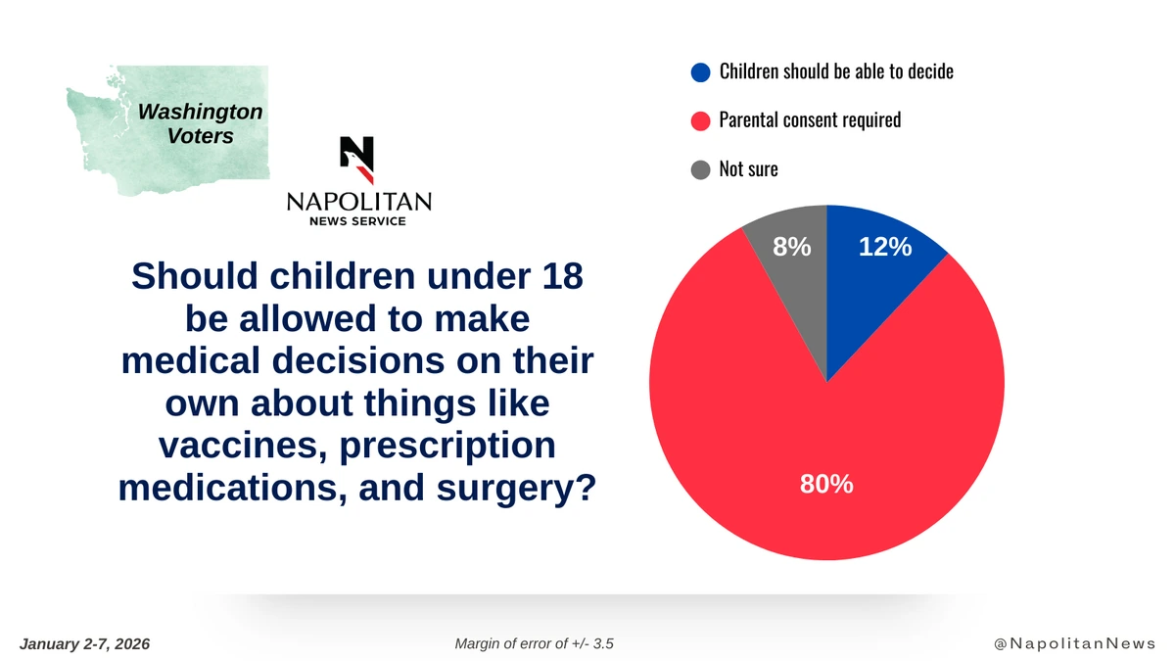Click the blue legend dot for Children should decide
700,71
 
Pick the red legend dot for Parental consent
700,120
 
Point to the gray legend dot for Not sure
700,169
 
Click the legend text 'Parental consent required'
810,120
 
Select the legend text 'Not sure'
748,169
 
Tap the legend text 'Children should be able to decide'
836,71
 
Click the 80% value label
826,483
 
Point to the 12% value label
885,248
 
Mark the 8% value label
792,248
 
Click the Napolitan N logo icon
357,160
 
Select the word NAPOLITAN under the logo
358,202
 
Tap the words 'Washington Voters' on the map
201,124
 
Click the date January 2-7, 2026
84,643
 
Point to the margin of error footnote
535,643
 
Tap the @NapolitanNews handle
1074,643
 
